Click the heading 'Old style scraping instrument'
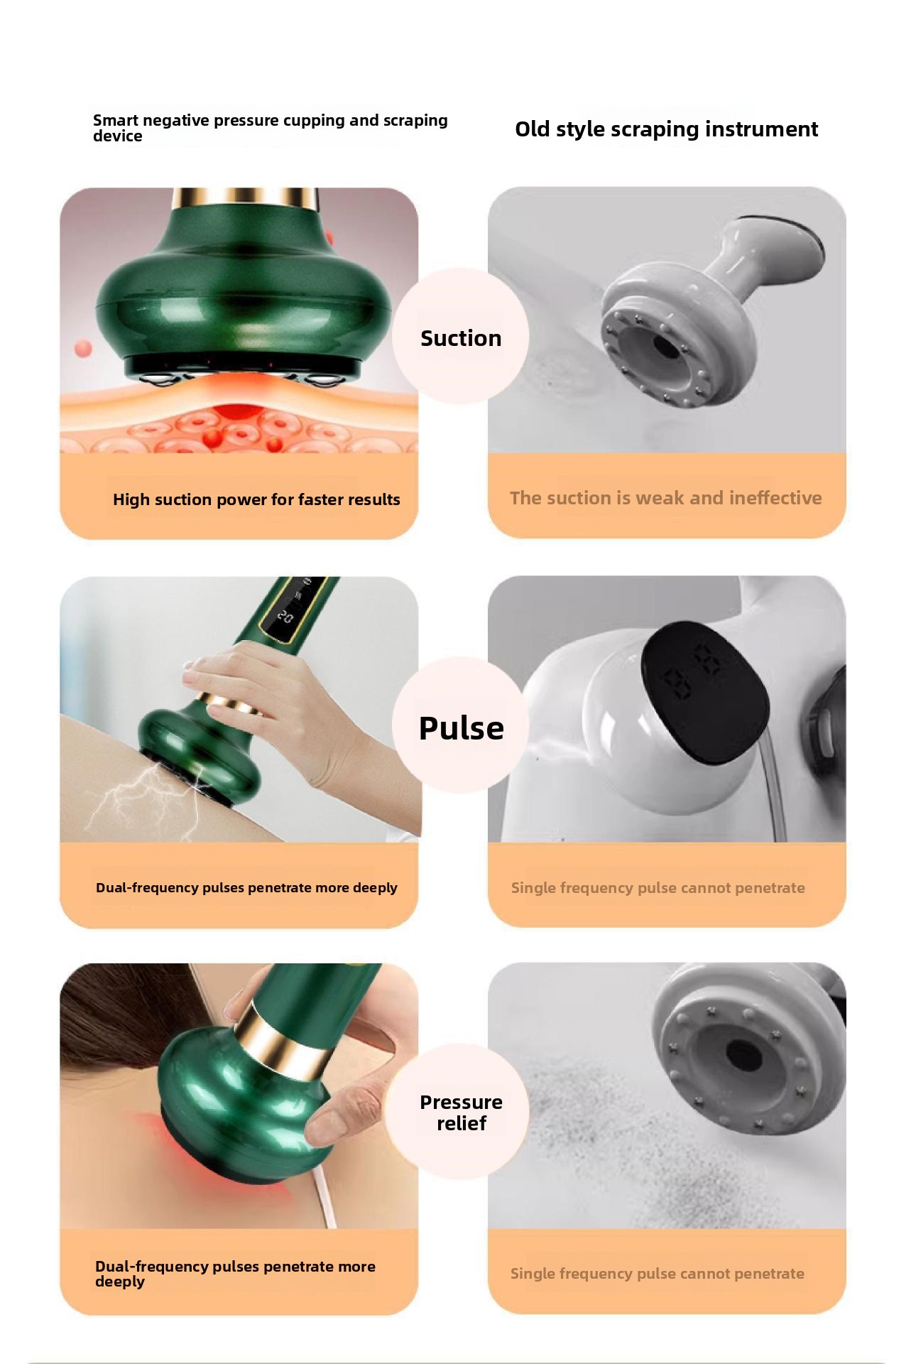click(x=666, y=129)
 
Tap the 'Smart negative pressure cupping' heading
click(x=270, y=128)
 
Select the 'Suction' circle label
click(x=461, y=338)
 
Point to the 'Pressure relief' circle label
click(x=461, y=1113)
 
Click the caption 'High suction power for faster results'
click(x=256, y=499)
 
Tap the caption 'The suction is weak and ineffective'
click(x=666, y=498)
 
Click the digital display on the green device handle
click(x=293, y=606)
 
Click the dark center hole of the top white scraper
click(x=666, y=347)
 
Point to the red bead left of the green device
click(x=83, y=349)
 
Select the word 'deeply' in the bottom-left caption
click(x=120, y=1282)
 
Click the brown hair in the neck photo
click(x=135, y=1023)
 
